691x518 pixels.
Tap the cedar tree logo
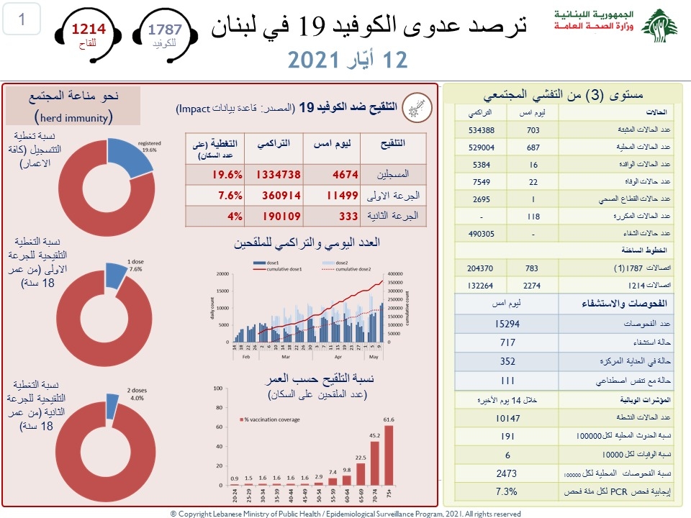point(659,26)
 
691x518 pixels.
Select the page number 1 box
point(22,19)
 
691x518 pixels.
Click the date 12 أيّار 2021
point(348,59)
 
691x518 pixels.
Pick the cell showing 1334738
point(273,174)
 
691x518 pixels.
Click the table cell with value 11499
point(335,196)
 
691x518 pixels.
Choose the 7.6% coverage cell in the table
point(214,196)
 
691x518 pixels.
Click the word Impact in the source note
point(193,109)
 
